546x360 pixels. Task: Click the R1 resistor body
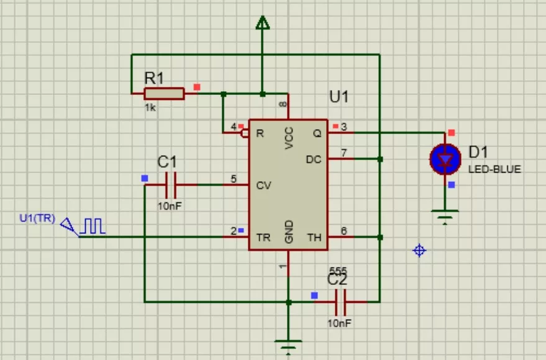pos(164,94)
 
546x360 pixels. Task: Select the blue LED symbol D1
pos(445,160)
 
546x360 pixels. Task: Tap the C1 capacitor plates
pos(170,185)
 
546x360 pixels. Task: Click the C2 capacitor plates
pos(340,302)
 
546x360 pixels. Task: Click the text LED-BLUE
pos(494,169)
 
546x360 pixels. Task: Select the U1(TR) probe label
pos(37,218)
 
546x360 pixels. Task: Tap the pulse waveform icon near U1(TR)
pos(93,226)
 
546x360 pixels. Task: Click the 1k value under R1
pos(150,108)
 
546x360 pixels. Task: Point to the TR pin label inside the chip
pos(263,238)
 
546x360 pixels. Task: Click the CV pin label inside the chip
pos(263,186)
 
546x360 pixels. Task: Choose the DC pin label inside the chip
pos(314,160)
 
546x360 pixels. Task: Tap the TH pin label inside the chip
pos(314,238)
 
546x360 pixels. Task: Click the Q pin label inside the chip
pos(317,133)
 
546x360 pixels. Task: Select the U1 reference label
pos(339,97)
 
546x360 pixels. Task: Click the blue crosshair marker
pos(419,250)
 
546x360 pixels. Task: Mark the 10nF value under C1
pos(170,206)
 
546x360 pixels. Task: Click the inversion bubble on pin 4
pos(245,133)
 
